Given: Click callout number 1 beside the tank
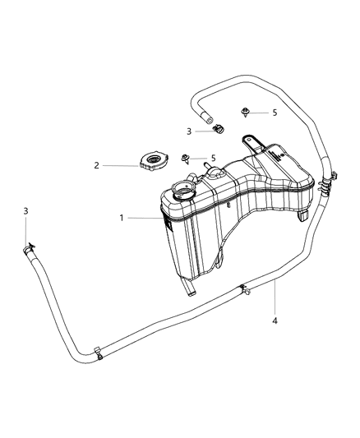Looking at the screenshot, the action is click(122, 218).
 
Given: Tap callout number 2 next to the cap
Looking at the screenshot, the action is click(97, 165).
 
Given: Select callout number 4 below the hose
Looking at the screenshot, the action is click(275, 321).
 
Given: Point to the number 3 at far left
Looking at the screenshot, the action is click(25, 211).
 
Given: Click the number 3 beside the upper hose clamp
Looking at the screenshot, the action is click(189, 131).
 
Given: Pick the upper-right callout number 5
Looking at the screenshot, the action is click(275, 113).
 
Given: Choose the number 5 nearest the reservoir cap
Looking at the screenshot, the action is click(214, 158).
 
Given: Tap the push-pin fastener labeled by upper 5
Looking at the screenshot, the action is click(245, 113).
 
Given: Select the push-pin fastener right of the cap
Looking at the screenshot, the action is click(186, 159).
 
